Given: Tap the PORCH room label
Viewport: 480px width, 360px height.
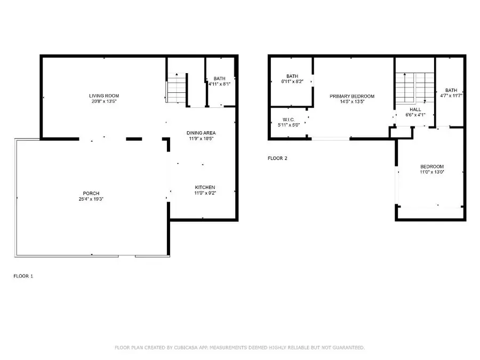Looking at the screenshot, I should click(91, 193).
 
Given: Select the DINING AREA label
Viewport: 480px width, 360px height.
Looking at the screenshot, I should click(201, 133).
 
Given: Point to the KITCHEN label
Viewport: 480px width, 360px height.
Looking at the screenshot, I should click(205, 187).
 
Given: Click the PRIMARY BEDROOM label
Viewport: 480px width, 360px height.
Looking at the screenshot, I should click(352, 96).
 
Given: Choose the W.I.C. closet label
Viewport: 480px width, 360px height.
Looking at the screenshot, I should click(288, 119).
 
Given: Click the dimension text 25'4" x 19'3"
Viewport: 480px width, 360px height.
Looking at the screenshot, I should click(91, 199).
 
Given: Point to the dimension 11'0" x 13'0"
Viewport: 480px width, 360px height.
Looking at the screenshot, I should click(431, 172).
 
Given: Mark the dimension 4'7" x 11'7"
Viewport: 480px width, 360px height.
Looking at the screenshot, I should click(451, 96).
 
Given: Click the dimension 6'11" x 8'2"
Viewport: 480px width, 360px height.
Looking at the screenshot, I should click(291, 82).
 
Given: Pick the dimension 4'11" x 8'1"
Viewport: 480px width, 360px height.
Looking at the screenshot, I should click(219, 84).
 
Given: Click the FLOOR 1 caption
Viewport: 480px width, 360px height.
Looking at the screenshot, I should click(23, 276).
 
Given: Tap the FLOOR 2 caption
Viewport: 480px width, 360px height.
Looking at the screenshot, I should click(278, 158).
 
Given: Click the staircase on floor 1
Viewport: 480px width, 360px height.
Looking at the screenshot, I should click(177, 89).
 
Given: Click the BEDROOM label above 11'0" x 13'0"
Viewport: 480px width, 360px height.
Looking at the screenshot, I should click(431, 166).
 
